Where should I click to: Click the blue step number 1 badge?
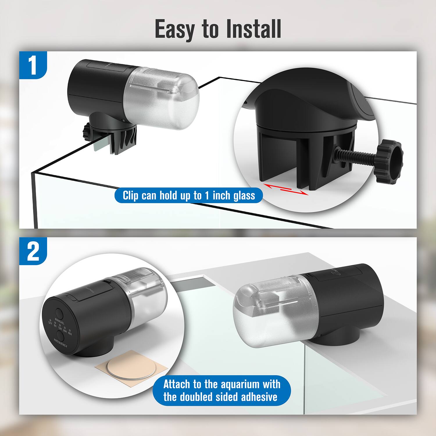(33, 65)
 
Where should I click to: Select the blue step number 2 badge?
(33, 251)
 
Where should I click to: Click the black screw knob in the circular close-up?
(389, 161)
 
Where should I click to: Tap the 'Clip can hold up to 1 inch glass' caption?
(189, 195)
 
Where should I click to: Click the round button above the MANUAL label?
(60, 314)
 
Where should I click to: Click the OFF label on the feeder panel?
(50, 323)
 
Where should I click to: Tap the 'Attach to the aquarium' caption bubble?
(221, 390)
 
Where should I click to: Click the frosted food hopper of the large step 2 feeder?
(270, 314)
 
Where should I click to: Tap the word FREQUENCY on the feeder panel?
(60, 343)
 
